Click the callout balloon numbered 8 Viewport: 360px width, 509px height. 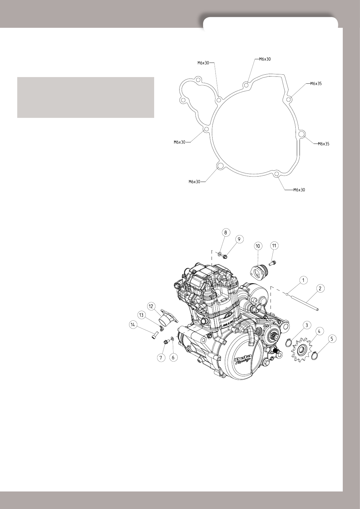[x=225, y=232]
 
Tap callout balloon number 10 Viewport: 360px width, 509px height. [x=258, y=246]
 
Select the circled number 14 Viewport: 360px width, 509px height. [x=133, y=325]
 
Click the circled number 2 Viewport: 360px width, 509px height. [x=320, y=289]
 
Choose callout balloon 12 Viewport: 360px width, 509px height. [x=151, y=306]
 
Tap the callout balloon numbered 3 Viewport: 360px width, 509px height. [x=306, y=325]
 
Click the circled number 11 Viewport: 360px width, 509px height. [x=274, y=246]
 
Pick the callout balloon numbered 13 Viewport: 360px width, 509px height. [x=141, y=315]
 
